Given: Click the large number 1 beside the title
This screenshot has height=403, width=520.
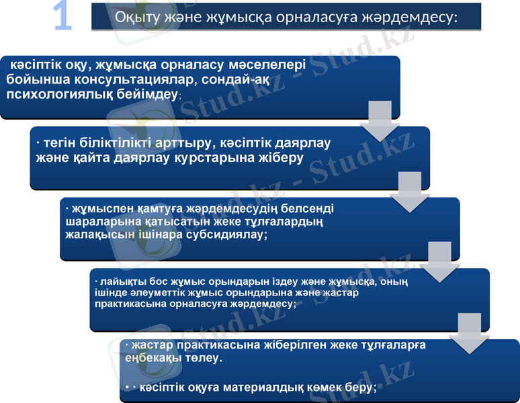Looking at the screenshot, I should tap(62, 17).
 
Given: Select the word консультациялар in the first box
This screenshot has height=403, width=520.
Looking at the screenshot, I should tap(142, 80).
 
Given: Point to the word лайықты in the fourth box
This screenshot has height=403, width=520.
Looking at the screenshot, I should tap(117, 282).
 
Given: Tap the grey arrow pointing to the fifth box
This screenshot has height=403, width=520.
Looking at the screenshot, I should tap(470, 332).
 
